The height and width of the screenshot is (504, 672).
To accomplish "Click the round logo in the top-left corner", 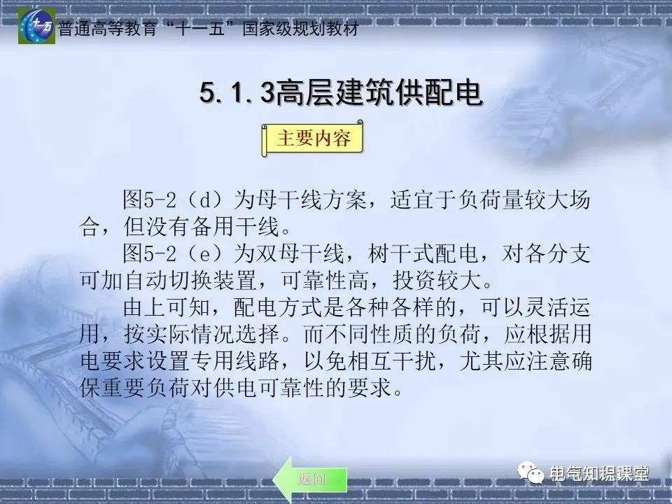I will [x=36, y=26].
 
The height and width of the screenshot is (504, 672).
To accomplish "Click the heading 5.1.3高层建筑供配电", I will [x=341, y=93].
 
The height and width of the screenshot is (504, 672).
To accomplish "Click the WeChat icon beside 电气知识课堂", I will [x=530, y=474].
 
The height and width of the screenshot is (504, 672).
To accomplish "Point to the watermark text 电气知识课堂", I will [x=598, y=474].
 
